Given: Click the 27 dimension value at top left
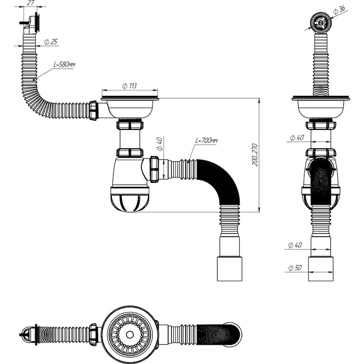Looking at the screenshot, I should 30,3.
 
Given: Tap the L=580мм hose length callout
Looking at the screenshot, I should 64,64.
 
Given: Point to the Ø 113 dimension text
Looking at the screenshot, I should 129,86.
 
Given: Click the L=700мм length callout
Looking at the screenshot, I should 206,141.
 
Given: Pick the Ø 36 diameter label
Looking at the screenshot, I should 341,9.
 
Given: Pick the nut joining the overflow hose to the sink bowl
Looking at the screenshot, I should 94,110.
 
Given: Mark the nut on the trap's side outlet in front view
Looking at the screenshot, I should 154,168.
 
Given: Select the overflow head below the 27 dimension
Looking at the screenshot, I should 34,22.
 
